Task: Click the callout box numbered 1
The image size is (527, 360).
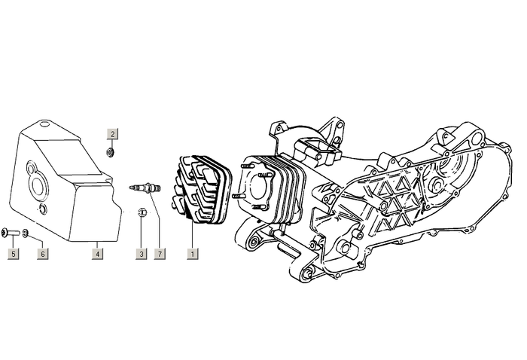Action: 193,255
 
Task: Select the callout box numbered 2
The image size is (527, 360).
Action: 112,134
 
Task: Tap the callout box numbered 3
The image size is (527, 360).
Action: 141,255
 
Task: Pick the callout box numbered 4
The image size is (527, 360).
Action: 98,255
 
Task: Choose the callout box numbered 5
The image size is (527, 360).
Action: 13,255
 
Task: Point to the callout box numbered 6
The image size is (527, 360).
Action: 43,255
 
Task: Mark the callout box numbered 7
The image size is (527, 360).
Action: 160,255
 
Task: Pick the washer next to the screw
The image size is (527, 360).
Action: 26,232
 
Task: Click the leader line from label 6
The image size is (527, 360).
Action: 35,241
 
